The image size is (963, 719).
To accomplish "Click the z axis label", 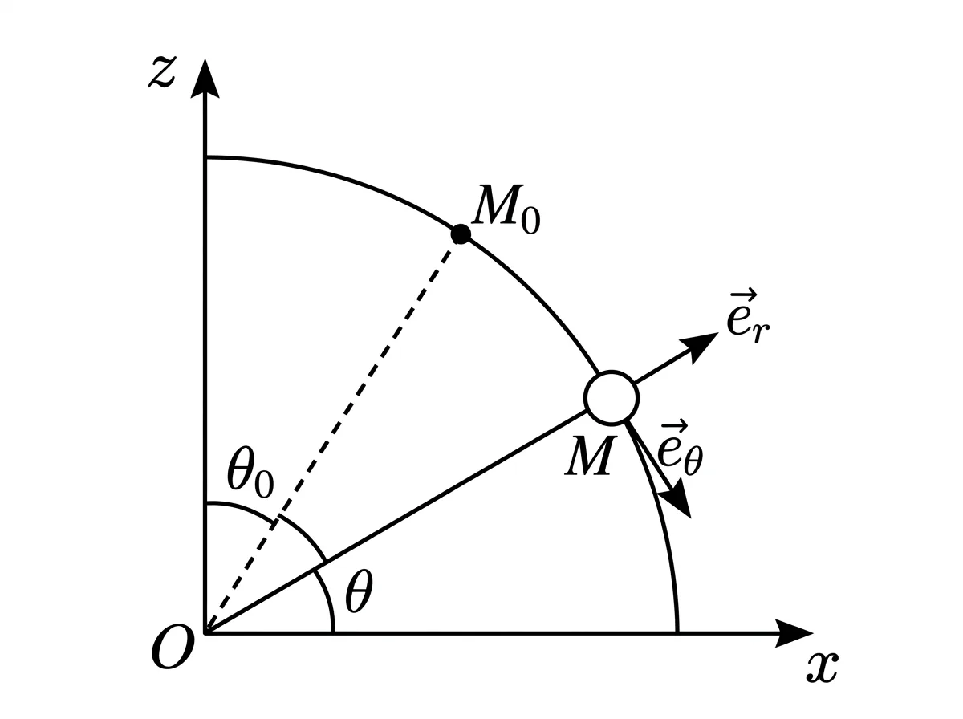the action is (162, 72).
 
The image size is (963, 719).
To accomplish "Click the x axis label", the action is (823, 668).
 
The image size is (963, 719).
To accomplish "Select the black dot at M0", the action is (461, 234).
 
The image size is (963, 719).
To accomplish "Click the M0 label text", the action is (506, 209).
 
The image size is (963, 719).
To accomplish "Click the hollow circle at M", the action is (612, 398).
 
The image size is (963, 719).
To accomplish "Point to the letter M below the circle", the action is (591, 456).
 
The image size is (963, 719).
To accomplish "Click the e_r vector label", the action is (748, 317).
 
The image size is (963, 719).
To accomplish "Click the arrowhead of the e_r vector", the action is (702, 343).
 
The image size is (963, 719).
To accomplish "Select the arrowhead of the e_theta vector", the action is (679, 499).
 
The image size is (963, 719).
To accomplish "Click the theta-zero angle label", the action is (250, 473).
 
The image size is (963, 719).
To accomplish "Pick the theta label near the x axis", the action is (359, 591).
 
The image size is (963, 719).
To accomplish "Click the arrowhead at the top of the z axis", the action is (205, 79).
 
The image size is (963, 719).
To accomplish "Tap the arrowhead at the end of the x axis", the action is (793, 633).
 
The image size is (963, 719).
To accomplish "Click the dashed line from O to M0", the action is (333, 434).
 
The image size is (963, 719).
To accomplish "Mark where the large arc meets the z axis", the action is (205, 157).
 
